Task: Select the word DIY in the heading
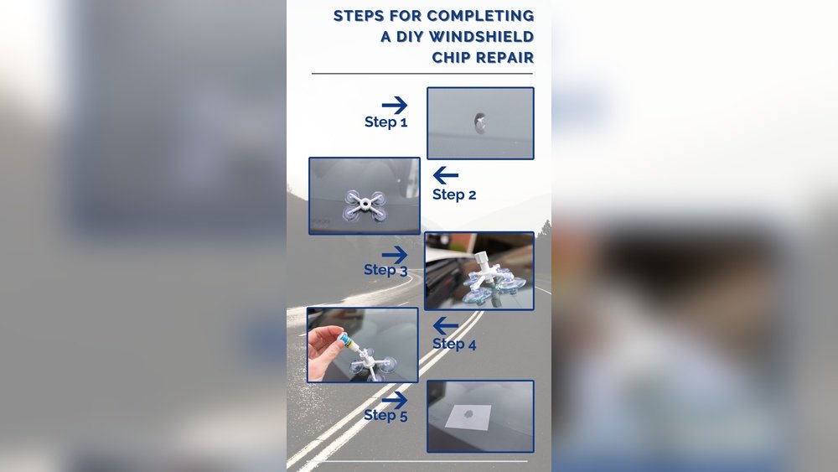(405, 37)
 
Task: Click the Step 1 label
(385, 122)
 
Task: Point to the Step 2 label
(454, 195)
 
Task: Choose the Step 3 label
(385, 270)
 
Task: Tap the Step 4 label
(454, 344)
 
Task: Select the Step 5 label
(385, 415)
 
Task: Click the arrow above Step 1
(394, 105)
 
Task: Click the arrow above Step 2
(446, 175)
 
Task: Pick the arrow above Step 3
(394, 253)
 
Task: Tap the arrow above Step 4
(446, 326)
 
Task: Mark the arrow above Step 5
(394, 398)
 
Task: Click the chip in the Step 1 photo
(480, 123)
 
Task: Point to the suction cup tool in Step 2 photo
(364, 204)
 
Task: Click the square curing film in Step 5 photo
(469, 417)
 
